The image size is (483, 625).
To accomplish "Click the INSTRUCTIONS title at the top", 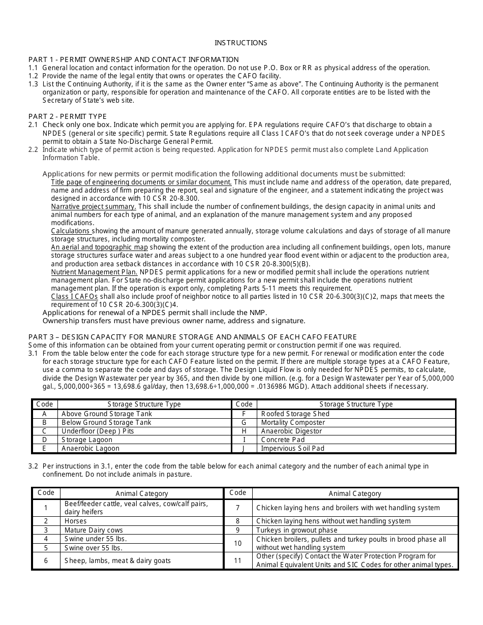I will click(x=240, y=43).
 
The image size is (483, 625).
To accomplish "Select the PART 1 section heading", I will click(x=133, y=59).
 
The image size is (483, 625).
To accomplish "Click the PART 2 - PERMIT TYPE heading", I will click(x=68, y=116).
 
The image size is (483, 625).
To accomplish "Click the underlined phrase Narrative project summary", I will click(x=94, y=206).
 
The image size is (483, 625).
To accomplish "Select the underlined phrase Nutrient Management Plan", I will click(x=94, y=272).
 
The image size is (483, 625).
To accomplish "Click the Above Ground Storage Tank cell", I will click(x=106, y=414).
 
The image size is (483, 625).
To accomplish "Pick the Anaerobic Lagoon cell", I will click(x=90, y=448).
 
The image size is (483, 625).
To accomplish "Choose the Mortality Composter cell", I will click(x=292, y=422).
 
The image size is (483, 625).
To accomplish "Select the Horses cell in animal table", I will click(x=75, y=521).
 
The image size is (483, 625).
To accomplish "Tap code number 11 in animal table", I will click(x=237, y=560).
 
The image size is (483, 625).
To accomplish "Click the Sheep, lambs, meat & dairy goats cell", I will click(x=117, y=560).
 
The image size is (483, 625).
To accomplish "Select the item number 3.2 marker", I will click(x=33, y=466).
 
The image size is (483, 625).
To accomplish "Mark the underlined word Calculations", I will click(x=71, y=231).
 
